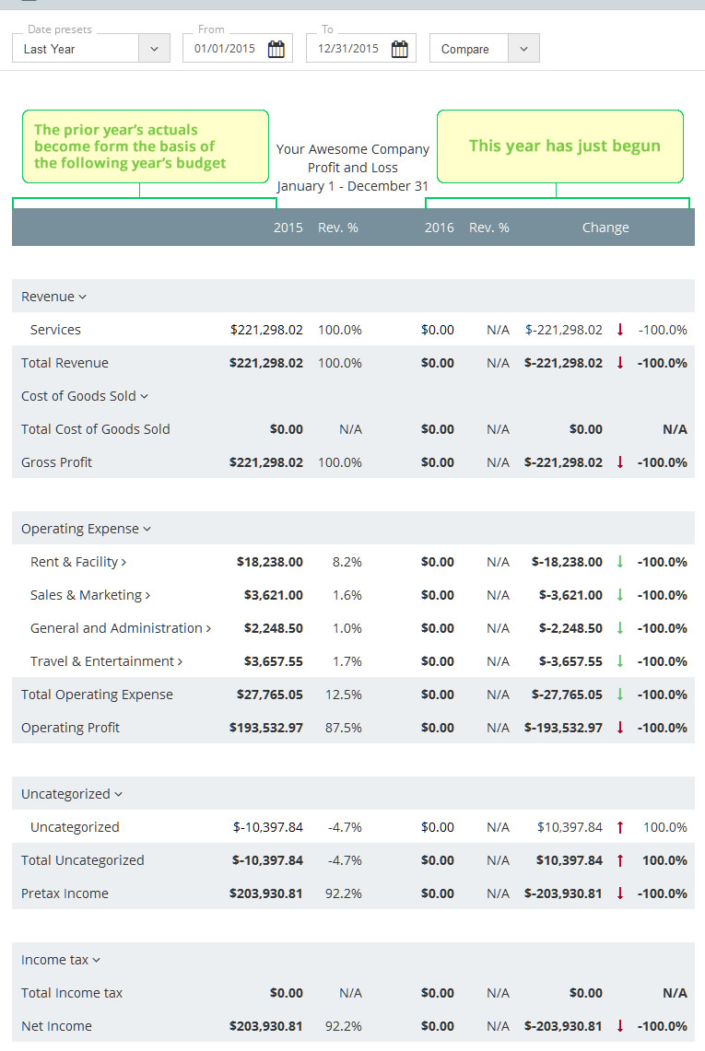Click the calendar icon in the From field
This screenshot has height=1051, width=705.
(276, 50)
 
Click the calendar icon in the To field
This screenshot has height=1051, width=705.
(399, 50)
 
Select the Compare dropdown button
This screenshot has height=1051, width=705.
(484, 49)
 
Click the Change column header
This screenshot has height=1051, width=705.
(605, 228)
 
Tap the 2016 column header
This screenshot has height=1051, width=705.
(439, 228)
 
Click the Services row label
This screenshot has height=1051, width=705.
(55, 330)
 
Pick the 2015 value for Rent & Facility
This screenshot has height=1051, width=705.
(269, 562)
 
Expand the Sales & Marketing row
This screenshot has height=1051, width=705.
(90, 595)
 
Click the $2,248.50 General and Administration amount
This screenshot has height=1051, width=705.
(273, 628)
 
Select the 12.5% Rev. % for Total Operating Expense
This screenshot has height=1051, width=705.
(344, 695)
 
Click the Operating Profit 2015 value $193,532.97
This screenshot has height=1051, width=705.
(265, 728)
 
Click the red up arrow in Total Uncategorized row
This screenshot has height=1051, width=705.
(620, 860)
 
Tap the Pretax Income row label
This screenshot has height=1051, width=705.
(65, 893)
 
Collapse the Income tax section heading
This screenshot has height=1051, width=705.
(61, 960)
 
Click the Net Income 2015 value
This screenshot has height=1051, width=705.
(265, 1026)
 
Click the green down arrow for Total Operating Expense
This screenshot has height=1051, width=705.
(620, 695)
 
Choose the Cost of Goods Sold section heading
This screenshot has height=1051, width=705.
(85, 396)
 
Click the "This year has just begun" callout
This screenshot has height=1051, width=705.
(560, 146)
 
